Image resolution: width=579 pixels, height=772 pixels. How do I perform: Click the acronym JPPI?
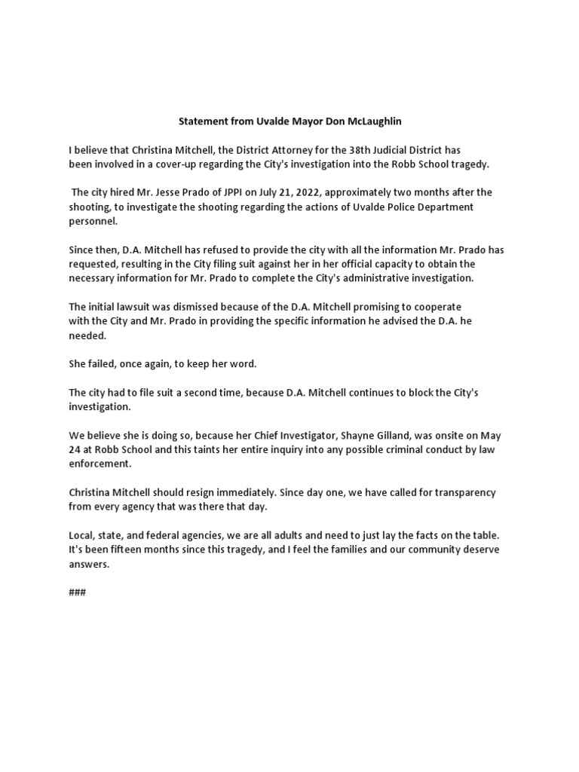(240, 192)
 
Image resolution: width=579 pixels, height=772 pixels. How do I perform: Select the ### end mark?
(77, 592)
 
